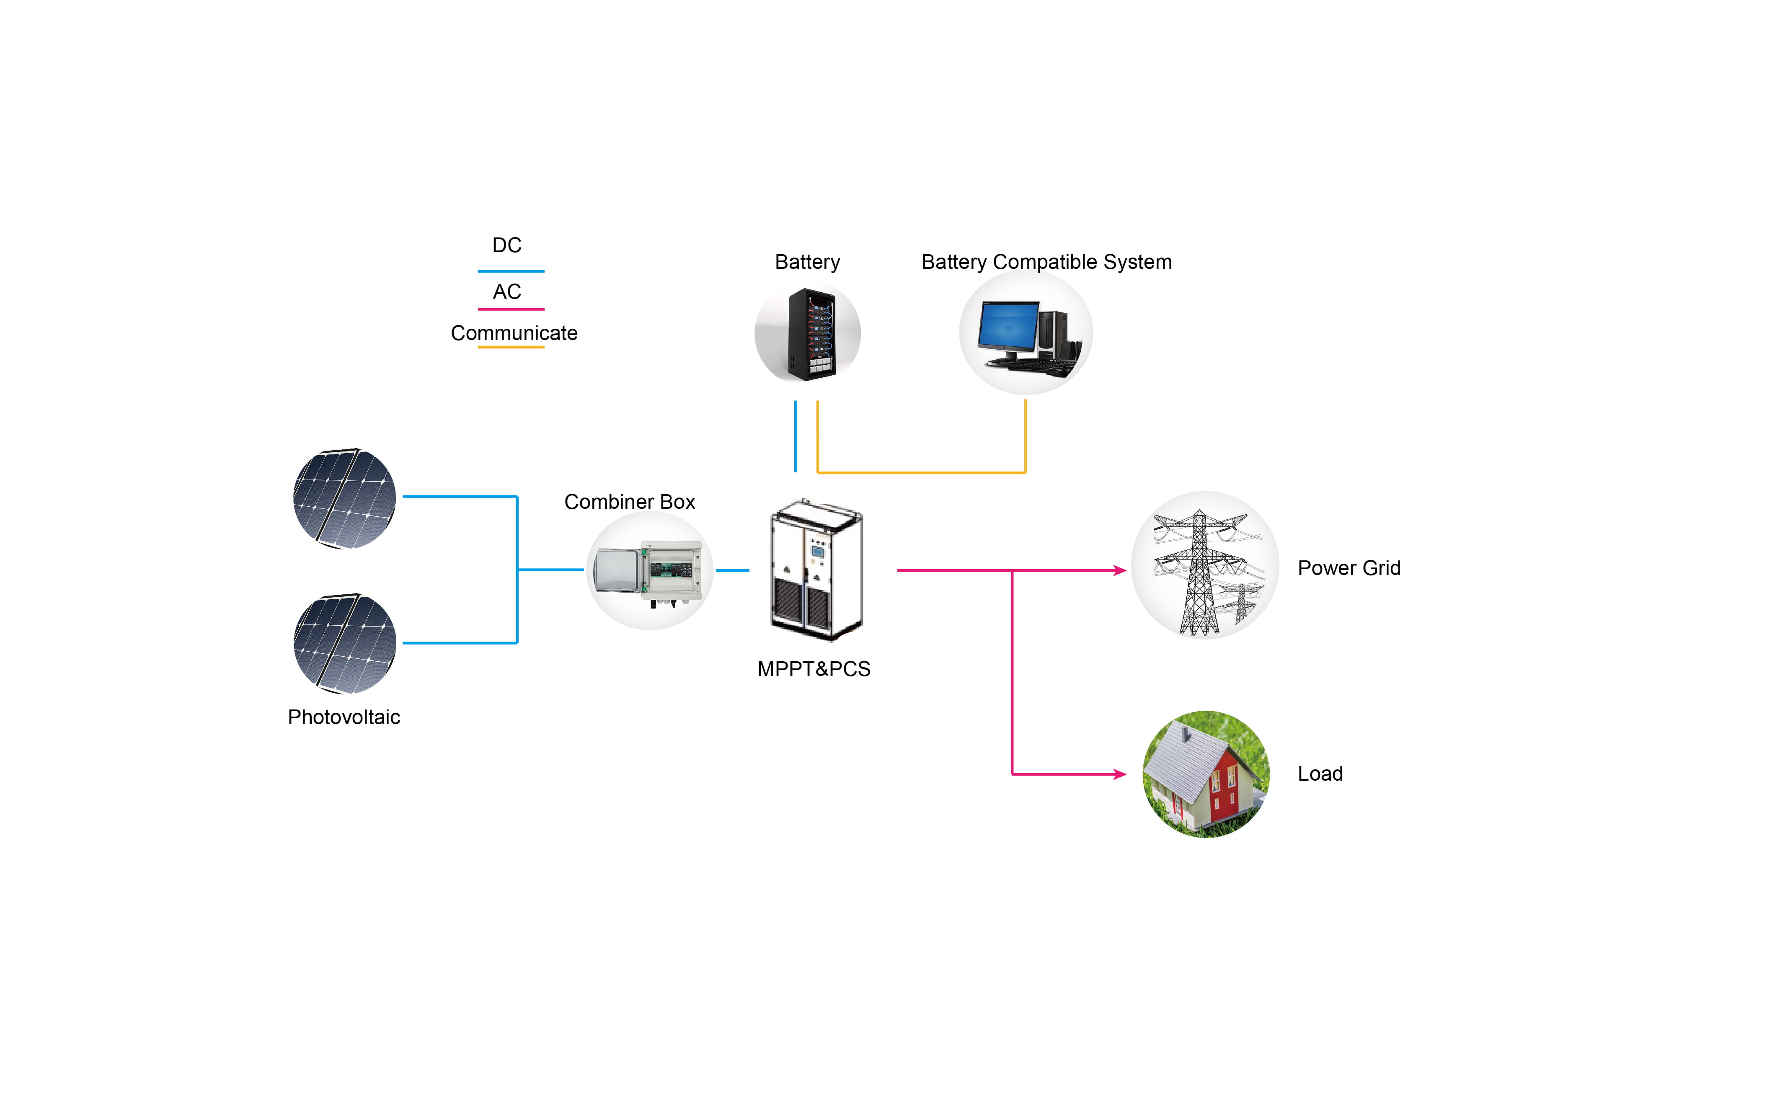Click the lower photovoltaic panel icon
click(x=344, y=643)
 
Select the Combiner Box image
click(x=649, y=571)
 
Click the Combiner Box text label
click(x=629, y=502)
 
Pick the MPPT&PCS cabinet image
click(x=816, y=570)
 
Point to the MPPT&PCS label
click(x=814, y=669)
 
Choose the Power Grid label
click(x=1348, y=568)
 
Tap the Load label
click(x=1320, y=774)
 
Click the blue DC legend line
click(x=511, y=271)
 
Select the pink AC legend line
click(x=511, y=309)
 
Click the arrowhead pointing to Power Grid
click(x=1120, y=570)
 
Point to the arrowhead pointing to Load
click(x=1120, y=774)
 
